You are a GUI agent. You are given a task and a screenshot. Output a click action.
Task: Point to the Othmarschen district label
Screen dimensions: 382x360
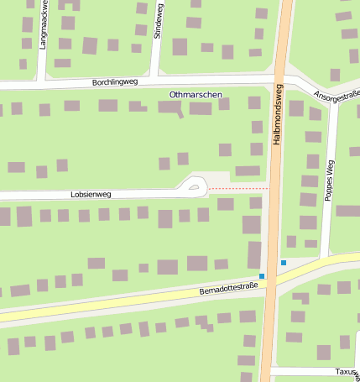196,95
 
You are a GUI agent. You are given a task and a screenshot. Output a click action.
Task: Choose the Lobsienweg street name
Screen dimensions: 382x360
91,194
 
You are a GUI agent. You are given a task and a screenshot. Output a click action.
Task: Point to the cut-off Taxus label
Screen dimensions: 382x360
347,371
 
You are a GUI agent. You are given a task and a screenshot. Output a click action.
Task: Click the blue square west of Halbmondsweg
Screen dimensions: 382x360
262,275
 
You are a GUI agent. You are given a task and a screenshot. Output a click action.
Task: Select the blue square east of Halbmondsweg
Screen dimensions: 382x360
284,263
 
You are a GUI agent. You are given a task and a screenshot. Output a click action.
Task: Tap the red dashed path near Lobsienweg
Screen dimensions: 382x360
238,189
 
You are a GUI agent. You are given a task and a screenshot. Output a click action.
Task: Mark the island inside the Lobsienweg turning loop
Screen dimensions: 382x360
196,187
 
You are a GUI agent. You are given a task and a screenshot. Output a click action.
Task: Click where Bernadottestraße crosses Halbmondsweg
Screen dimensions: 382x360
270,280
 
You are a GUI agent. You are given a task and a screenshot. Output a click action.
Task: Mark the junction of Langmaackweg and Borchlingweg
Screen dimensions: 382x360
41,83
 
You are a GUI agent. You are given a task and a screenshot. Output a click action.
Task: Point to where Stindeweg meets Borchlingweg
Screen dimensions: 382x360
154,81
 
